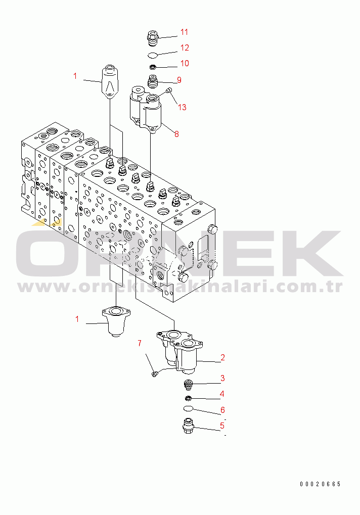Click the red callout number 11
coord(184,32)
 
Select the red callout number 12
coord(185,48)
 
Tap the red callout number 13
coord(182,107)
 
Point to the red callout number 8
coord(177,134)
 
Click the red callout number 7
coord(140,343)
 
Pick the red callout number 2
coord(222,357)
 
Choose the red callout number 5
coord(222,426)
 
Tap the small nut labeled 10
coord(152,68)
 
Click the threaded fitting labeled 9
coord(152,81)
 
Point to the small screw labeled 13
coord(169,90)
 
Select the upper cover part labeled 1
coord(109,82)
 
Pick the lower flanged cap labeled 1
coord(116,321)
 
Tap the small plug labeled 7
coord(154,373)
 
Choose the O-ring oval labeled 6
coord(188,408)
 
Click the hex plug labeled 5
coord(188,426)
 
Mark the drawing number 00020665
coord(320,484)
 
